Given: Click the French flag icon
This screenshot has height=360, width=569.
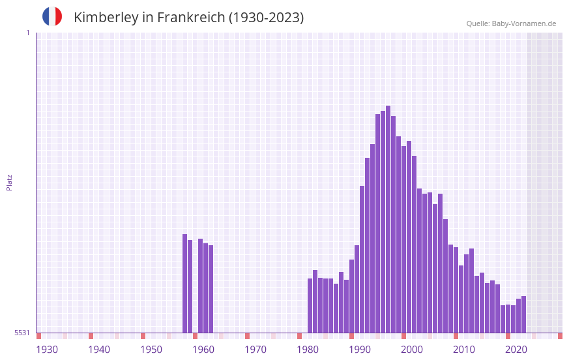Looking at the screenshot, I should [x=52, y=16].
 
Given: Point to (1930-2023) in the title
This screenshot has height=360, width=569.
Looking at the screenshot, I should [x=266, y=18].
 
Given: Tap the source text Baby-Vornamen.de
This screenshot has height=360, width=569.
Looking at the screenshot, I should [x=524, y=23].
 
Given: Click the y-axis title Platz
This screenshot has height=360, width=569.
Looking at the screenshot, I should [x=9, y=182].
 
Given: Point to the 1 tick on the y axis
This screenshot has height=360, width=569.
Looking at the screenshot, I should [x=27, y=33].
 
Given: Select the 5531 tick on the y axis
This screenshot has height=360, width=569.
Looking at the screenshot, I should [x=22, y=333].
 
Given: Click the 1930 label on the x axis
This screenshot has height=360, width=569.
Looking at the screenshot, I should [x=47, y=350].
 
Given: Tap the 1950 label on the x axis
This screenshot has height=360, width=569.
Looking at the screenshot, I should [x=151, y=350].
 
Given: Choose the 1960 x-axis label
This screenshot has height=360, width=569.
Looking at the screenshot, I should [x=203, y=350].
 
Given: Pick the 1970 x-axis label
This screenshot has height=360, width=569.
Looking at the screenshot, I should [x=255, y=350].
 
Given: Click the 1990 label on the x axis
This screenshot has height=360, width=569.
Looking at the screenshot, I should [x=360, y=350].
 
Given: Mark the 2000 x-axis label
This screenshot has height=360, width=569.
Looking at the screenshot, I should [x=412, y=350].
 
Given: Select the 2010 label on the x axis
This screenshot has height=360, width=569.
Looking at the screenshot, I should [x=464, y=350].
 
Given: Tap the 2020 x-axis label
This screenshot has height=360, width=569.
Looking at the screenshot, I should [x=516, y=350].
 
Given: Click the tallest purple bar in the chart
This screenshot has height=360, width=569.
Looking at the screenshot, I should [x=388, y=218].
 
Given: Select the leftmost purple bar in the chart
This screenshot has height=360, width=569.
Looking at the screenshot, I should [x=184, y=283].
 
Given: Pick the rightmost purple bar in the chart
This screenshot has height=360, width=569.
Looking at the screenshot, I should [x=523, y=314].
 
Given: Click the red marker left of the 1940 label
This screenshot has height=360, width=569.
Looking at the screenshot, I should [x=91, y=336].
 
